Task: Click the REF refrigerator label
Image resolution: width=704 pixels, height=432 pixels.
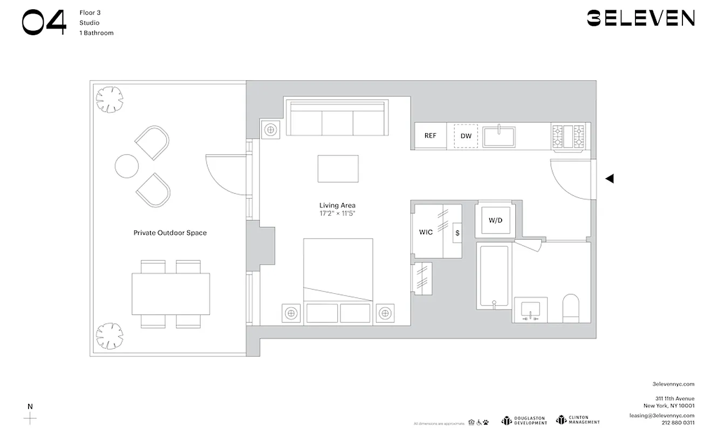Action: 430,136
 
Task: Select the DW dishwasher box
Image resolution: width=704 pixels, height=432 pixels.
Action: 466,136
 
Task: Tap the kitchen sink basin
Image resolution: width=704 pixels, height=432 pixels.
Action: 498,137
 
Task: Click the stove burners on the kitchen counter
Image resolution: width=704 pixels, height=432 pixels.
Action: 568,136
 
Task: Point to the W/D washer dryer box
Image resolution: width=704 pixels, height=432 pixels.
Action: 495,220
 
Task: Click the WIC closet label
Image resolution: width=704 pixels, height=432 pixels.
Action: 426,232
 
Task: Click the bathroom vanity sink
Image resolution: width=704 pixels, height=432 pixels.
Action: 531,309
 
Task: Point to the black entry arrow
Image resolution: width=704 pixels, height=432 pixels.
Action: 609,179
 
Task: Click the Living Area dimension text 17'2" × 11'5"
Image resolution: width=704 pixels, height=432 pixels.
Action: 337,214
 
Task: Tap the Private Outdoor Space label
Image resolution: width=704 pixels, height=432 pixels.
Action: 170,233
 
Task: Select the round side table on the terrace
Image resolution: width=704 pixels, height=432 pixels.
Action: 127,165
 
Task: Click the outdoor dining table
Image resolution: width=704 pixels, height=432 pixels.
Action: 170,294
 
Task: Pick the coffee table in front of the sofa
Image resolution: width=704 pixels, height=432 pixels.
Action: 338,168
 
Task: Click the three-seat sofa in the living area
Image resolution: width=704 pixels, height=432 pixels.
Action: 337,118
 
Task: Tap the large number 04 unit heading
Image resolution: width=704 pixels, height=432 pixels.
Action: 44,23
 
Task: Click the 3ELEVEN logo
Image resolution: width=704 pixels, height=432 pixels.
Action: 640,18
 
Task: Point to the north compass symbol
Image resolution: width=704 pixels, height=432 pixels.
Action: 30,417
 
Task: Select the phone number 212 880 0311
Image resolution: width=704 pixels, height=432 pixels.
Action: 677,423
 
